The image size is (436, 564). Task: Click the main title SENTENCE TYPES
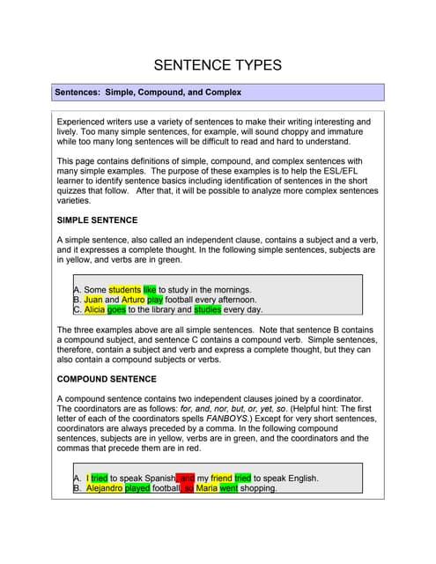(x=218, y=64)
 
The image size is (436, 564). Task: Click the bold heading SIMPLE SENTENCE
(x=97, y=219)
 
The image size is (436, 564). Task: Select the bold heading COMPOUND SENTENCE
(x=107, y=379)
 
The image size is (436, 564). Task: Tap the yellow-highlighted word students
(x=124, y=289)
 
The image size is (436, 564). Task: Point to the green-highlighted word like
(x=149, y=289)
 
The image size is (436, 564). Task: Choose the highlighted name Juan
(x=93, y=300)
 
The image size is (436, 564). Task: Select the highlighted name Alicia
(x=95, y=310)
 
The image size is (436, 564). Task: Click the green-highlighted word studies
(x=207, y=310)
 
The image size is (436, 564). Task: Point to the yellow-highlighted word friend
(x=221, y=479)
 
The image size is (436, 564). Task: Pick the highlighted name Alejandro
(x=105, y=488)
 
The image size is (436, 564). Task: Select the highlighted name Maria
(x=206, y=488)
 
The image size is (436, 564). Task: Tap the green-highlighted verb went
(x=228, y=488)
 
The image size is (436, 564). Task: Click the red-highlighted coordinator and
(x=186, y=479)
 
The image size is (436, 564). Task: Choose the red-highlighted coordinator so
(x=188, y=488)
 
